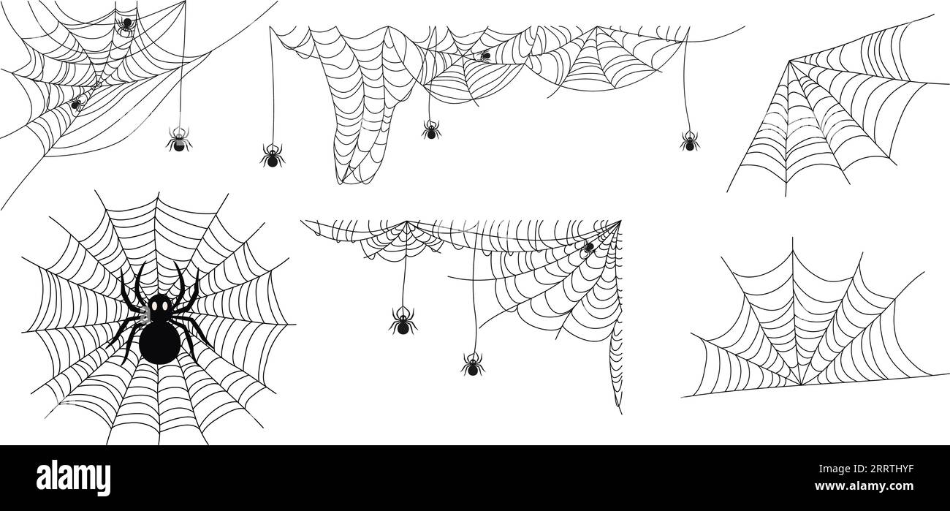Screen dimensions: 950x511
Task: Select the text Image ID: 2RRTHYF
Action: (x=866, y=469)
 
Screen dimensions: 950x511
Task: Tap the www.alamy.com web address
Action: (x=864, y=486)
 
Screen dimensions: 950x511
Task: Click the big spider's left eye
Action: (x=155, y=306)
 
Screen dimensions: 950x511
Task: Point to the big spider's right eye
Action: (x=164, y=306)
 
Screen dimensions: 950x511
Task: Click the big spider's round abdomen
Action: (x=159, y=343)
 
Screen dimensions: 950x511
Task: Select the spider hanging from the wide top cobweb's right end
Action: (x=690, y=141)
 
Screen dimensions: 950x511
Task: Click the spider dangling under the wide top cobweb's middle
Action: (x=431, y=130)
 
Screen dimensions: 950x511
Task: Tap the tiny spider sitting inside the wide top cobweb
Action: (x=485, y=56)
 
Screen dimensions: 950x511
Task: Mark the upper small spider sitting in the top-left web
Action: (x=126, y=26)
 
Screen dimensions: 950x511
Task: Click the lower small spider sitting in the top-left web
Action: (x=76, y=102)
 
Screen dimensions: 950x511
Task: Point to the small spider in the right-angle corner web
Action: (x=589, y=247)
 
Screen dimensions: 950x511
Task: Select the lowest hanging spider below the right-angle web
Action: (x=473, y=365)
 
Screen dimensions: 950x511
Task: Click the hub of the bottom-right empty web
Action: (x=800, y=384)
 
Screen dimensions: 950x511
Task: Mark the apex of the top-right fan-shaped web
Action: (x=790, y=61)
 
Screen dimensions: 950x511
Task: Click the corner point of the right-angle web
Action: (x=620, y=221)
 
